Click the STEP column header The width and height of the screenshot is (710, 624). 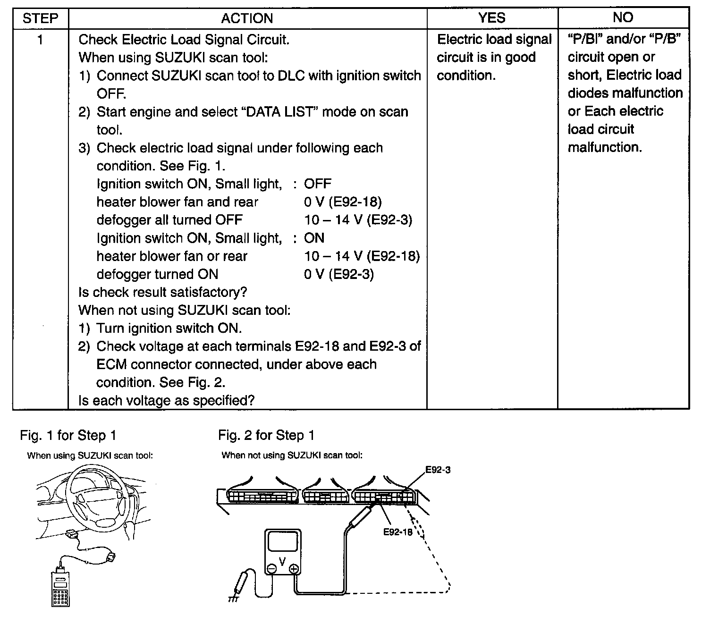tap(40, 18)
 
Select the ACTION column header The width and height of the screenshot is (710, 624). tap(247, 18)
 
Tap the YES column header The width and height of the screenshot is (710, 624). tap(492, 18)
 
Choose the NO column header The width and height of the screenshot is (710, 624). tap(623, 17)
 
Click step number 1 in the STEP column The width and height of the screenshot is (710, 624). tap(40, 40)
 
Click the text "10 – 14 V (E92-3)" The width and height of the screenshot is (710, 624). tap(358, 220)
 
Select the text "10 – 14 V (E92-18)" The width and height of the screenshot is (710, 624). tap(362, 256)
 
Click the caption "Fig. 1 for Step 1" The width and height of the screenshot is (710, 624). tap(68, 435)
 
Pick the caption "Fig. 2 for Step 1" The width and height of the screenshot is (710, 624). tap(266, 435)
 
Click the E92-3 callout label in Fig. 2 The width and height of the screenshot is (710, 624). tap(438, 470)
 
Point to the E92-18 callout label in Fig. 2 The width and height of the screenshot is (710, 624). tap(397, 532)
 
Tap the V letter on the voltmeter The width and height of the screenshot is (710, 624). tap(282, 561)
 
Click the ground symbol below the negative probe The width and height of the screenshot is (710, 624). tap(233, 598)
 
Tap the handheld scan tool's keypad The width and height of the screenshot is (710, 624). tap(60, 596)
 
